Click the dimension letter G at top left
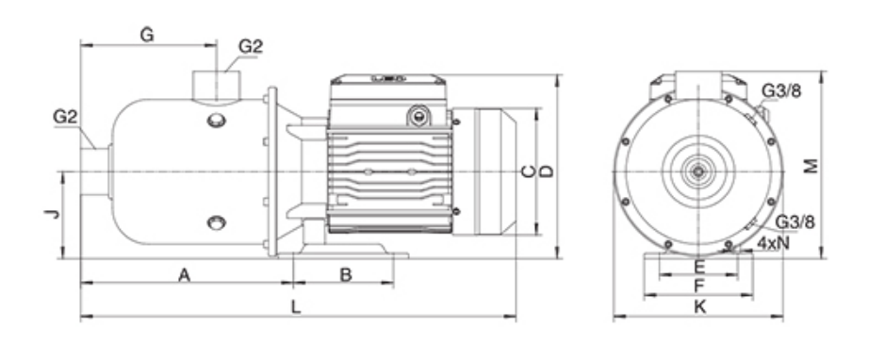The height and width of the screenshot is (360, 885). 147,35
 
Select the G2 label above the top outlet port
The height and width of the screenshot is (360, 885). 251,46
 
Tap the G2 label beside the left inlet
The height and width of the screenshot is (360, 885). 65,117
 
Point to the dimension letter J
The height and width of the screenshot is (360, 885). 52,213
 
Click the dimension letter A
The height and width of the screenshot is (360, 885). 184,275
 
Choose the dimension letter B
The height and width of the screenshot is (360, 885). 346,275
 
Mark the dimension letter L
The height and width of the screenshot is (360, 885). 295,307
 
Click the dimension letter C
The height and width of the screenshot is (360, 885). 529,172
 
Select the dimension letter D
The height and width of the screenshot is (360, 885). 547,172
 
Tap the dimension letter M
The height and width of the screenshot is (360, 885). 811,167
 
